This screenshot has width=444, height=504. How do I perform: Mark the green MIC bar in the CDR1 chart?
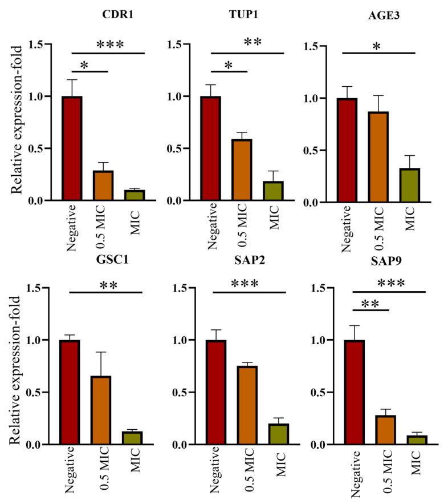tap(135, 195)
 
